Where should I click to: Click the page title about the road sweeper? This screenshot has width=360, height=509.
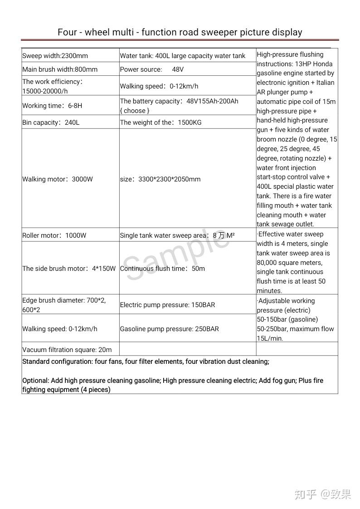point(180,32)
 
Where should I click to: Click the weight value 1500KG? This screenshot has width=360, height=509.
point(188,122)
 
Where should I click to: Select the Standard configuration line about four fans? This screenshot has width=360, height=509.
point(146,362)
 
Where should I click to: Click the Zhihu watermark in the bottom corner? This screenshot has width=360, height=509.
point(322,494)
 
